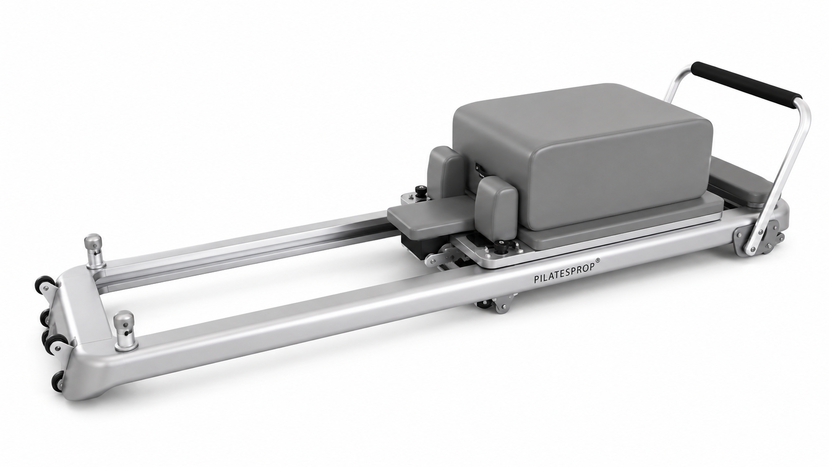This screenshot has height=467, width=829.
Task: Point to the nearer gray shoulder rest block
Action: tap(496, 208)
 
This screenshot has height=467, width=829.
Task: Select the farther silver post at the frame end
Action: tap(94, 251)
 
